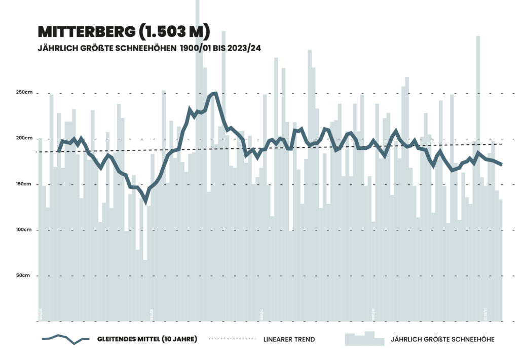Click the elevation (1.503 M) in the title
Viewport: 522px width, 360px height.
point(173,31)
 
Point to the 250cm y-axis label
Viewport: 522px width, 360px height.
point(24,93)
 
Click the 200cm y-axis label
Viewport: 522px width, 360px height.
point(24,138)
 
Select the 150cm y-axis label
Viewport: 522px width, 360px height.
point(24,184)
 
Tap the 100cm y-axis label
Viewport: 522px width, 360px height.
point(24,230)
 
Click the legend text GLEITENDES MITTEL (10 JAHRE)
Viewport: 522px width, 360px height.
point(147,339)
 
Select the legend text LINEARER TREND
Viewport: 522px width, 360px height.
point(289,339)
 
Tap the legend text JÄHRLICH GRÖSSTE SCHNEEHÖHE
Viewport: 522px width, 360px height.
point(442,339)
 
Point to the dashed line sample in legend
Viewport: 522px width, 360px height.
point(231,338)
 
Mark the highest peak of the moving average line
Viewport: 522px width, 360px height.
point(215,93)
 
